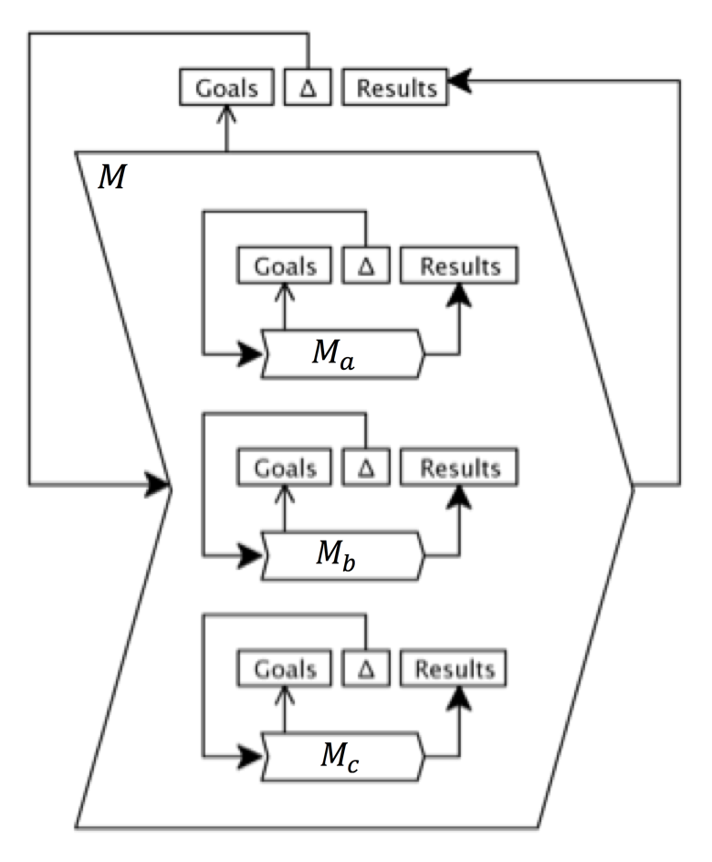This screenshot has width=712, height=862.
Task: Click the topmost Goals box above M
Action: coord(226,89)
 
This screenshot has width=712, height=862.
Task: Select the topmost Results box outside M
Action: coord(396,89)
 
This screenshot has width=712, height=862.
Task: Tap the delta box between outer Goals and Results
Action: coord(308,89)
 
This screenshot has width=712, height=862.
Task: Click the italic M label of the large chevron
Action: coord(111,177)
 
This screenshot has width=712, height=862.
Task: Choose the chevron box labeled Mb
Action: coord(342,554)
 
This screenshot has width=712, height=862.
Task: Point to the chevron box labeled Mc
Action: coord(342,757)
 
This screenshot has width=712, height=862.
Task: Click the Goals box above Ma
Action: coord(285,266)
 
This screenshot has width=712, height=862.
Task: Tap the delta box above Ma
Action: coord(366,266)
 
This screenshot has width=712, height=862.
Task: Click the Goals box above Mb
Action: coord(285,468)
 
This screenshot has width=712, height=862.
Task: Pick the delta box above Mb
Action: coord(366,468)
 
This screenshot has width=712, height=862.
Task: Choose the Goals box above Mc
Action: coord(285,669)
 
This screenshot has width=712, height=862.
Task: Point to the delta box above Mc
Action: coord(366,669)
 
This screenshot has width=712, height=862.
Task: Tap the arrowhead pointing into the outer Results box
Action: coord(462,82)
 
